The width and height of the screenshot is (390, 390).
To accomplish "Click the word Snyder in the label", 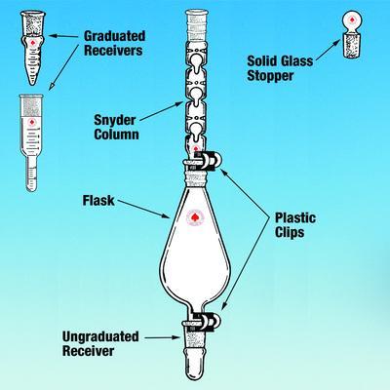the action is (x=114, y=120).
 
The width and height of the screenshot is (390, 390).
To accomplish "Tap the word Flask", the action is (x=98, y=201).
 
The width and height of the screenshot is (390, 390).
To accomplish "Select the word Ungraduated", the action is (x=100, y=337).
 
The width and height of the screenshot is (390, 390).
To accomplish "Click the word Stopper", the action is (x=270, y=76).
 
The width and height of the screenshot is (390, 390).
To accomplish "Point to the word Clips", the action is (x=290, y=232).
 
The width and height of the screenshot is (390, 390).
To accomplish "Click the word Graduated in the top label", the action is (x=115, y=36).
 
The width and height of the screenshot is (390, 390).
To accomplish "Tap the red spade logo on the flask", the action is (x=195, y=216).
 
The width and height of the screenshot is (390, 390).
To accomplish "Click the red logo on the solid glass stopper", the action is (x=352, y=20).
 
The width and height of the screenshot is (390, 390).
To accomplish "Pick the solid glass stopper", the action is (x=353, y=35).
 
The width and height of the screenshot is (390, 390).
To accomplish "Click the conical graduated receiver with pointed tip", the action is (x=32, y=48).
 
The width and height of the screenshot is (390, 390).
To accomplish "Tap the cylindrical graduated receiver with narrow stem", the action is (x=31, y=143).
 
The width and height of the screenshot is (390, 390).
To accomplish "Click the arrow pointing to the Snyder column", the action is (x=162, y=111).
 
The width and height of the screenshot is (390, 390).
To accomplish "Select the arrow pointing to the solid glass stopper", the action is (x=329, y=50).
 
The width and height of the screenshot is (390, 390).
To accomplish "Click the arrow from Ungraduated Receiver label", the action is (x=162, y=338).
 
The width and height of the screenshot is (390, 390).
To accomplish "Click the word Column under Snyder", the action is (x=116, y=135).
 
